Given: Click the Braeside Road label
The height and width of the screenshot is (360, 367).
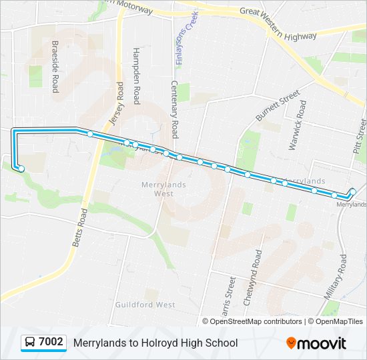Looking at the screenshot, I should pos(55,67).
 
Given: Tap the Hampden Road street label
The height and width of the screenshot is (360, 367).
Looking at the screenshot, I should pos(135,75).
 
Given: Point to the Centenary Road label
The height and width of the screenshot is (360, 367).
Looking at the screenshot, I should pos(174,109).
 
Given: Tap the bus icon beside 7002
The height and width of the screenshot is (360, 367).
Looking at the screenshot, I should pos(30,343).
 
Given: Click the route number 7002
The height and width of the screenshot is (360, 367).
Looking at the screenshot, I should pos(51,343).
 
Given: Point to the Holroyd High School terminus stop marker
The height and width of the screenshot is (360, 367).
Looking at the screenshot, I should pos(21,169).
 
